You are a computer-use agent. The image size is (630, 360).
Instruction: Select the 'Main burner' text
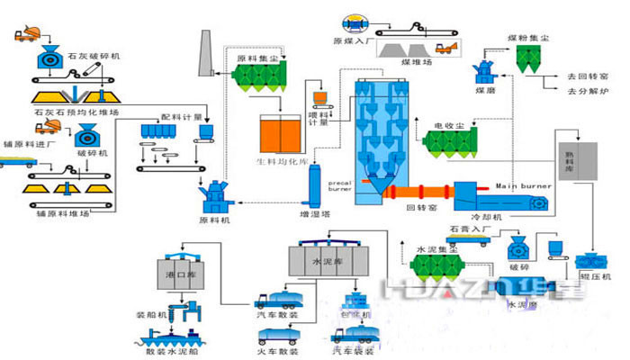click(x=519, y=185)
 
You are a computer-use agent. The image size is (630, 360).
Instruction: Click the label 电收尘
click(x=446, y=125)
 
